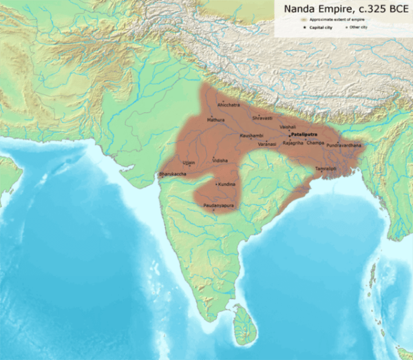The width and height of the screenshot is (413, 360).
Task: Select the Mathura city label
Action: coord(216,120)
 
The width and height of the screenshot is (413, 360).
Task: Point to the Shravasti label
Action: coord(262,118)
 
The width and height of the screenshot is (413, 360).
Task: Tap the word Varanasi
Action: coord(267,144)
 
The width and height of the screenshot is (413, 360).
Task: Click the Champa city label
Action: coord(315,142)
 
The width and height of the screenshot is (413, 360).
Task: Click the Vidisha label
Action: coord(220,160)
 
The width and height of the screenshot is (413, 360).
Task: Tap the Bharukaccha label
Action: coord(173,175)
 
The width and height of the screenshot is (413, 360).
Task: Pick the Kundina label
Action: coord(227,185)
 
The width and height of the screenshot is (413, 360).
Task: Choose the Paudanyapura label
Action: coord(219,205)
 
